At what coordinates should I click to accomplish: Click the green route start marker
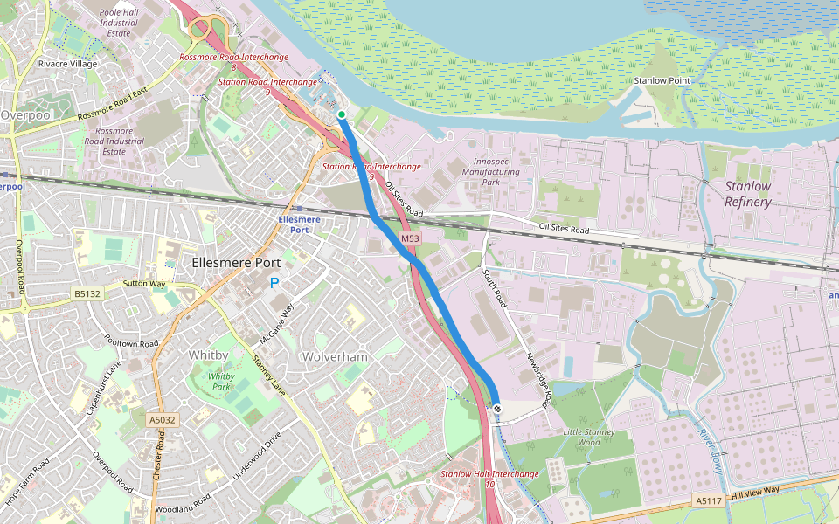[x=341, y=114]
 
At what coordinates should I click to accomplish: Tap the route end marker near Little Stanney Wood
[x=496, y=409]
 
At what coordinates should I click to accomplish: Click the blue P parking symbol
[x=274, y=283]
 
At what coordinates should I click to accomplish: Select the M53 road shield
[x=411, y=238]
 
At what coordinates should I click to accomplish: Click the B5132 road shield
[x=88, y=294]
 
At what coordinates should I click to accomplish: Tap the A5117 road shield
[x=709, y=500]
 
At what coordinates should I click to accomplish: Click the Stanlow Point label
[x=662, y=80]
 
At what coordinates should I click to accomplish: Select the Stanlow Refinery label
[x=747, y=194]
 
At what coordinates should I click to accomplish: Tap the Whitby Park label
[x=222, y=382]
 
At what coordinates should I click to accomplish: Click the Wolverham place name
[x=336, y=357]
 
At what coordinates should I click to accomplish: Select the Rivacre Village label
[x=68, y=64]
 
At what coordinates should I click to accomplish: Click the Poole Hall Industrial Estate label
[x=120, y=24]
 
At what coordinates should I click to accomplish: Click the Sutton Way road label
[x=144, y=284]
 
